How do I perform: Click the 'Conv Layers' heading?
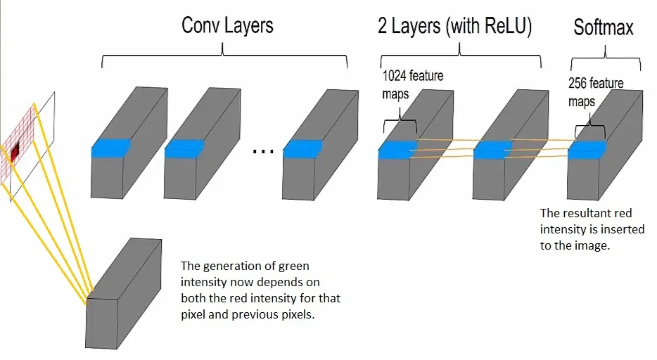tap(227, 27)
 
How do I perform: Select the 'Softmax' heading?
tap(603, 28)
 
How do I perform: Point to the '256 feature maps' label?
tap(595, 92)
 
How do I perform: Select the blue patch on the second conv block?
tap(184, 148)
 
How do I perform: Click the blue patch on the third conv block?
tap(302, 148)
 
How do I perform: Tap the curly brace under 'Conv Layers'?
tap(224, 56)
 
